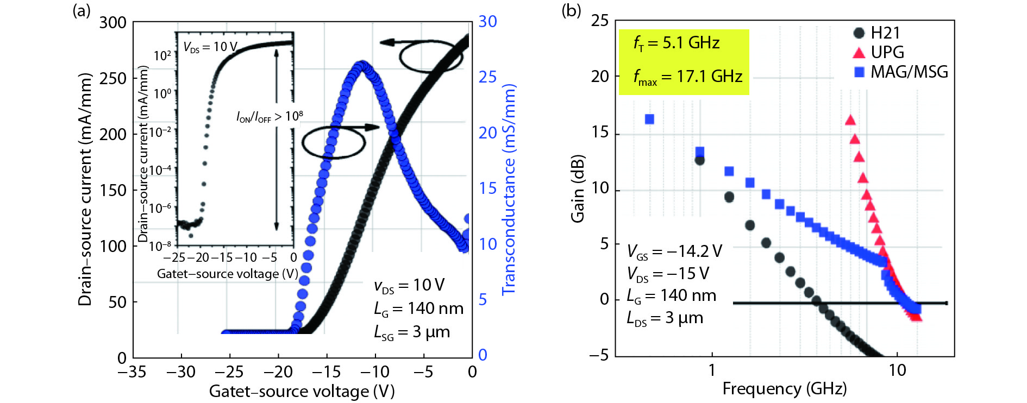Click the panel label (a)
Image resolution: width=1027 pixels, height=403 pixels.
(82, 10)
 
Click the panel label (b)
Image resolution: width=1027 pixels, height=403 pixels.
(571, 10)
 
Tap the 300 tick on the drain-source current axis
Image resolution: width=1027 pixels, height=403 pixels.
(112, 23)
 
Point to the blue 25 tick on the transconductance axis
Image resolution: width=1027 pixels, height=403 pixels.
(487, 77)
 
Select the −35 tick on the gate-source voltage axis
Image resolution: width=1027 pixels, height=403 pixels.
(132, 372)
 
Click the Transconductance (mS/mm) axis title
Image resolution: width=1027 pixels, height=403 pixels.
(509, 190)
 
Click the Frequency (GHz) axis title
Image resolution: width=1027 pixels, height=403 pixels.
(784, 389)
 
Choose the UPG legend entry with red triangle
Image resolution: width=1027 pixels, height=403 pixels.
(878, 52)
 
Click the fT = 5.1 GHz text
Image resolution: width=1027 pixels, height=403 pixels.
(676, 43)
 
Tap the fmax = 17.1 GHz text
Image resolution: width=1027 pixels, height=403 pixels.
(687, 77)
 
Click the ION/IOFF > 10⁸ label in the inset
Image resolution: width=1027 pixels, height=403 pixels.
(270, 117)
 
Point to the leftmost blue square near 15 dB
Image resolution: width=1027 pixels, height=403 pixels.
(649, 119)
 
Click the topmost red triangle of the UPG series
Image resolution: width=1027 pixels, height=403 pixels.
(850, 120)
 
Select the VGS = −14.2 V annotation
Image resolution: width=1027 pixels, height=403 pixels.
(674, 251)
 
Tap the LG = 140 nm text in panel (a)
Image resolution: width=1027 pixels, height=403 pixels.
(418, 309)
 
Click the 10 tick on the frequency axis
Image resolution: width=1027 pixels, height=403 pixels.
(897, 370)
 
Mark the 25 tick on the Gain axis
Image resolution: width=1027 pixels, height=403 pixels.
(600, 21)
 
